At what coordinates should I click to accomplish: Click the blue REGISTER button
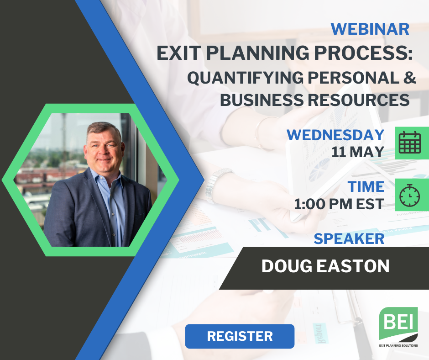point(240,336)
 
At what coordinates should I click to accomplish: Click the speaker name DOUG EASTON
point(325,266)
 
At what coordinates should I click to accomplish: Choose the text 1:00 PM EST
point(339,204)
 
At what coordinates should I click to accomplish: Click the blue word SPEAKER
point(349,238)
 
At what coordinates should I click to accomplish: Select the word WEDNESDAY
point(335,135)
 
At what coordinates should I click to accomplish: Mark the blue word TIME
point(366,186)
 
